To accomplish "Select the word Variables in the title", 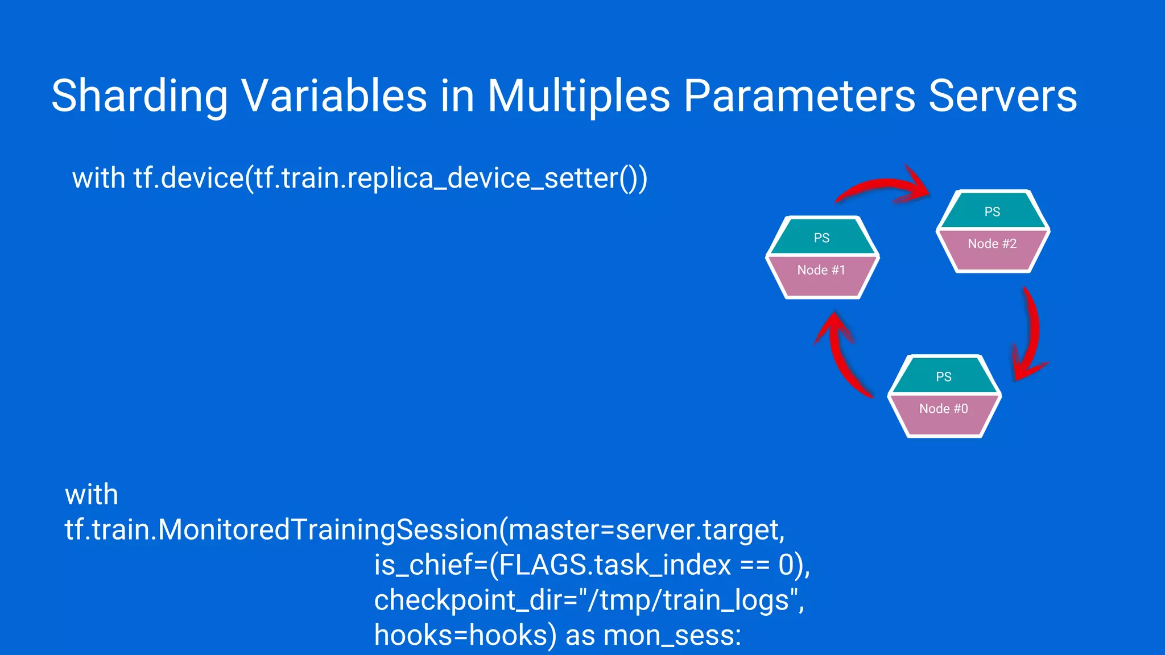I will (x=334, y=96).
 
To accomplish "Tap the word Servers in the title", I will (x=1002, y=96).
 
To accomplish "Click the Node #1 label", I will (x=821, y=270).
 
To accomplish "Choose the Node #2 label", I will (x=992, y=244).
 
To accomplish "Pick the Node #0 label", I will (x=943, y=409).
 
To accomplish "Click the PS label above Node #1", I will (x=821, y=238).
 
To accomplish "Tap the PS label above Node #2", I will (x=992, y=212).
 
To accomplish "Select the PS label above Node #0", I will (x=943, y=377).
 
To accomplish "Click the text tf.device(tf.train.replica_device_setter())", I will (x=390, y=179).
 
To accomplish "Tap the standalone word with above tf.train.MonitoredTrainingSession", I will (x=92, y=495).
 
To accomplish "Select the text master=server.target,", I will (x=646, y=530).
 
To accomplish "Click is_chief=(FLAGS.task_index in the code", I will (x=552, y=565).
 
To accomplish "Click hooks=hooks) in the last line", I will (x=465, y=636).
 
